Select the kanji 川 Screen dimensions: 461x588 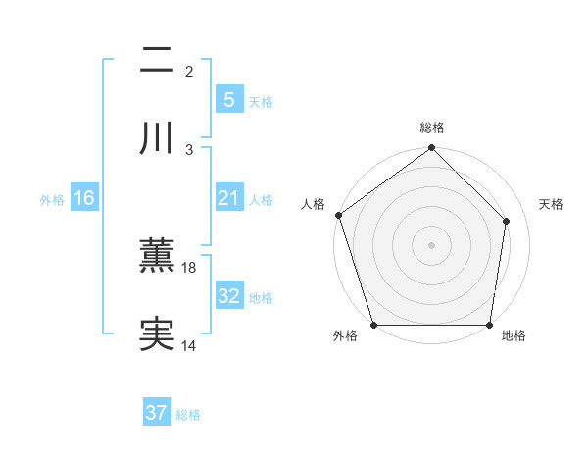click(157, 139)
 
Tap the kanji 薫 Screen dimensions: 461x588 click(157, 256)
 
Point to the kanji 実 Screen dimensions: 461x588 click(157, 334)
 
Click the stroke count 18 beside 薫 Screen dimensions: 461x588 click(189, 267)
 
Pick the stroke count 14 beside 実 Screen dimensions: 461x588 click(189, 345)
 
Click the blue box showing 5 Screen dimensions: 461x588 click(228, 99)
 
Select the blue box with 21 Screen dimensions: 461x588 click(228, 198)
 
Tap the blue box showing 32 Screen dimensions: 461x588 click(228, 296)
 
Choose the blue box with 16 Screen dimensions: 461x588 click(84, 198)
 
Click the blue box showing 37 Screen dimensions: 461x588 click(157, 413)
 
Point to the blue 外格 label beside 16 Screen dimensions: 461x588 click(52, 199)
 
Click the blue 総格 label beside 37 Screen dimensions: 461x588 click(188, 414)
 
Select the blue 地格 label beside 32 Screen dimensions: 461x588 click(261, 297)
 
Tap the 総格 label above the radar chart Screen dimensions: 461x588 click(432, 128)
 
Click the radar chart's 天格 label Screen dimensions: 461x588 click(552, 204)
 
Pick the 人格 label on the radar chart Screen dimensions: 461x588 click(313, 204)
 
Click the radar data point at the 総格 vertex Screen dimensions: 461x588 click(432, 149)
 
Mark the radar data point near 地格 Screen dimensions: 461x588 click(490, 324)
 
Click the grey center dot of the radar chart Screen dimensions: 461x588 click(432, 244)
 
